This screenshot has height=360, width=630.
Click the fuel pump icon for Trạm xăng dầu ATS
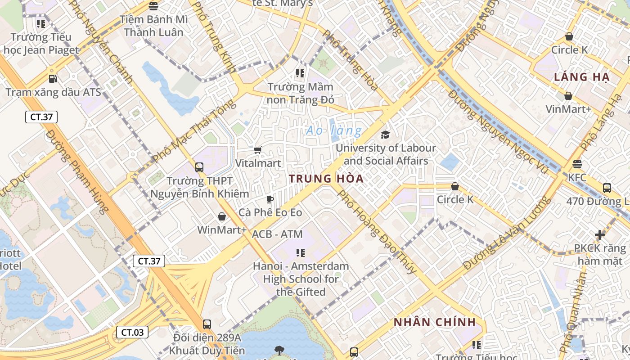click(53, 79)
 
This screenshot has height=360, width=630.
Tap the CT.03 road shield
click(132, 333)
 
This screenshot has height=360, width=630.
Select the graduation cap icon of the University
click(386, 135)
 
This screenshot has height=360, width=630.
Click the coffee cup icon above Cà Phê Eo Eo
click(270, 199)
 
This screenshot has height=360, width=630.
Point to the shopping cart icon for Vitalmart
click(258, 150)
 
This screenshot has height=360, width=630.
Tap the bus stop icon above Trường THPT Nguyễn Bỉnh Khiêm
click(199, 167)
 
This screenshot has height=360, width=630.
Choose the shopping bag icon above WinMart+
click(222, 216)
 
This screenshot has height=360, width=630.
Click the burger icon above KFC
click(577, 164)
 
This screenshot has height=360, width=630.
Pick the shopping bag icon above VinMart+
click(568, 96)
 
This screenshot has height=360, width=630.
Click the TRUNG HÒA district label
click(326, 179)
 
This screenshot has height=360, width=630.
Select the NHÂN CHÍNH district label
click(435, 322)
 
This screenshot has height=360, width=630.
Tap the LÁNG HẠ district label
click(581, 77)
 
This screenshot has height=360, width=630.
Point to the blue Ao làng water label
click(333, 131)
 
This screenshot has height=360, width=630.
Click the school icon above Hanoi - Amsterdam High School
click(301, 253)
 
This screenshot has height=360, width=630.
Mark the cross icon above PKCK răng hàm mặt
click(599, 234)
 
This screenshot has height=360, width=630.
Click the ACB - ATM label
click(277, 234)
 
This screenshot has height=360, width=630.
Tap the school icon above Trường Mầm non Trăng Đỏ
click(301, 73)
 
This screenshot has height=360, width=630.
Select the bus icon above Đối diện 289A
click(207, 324)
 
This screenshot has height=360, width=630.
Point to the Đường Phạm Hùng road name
click(77, 171)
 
